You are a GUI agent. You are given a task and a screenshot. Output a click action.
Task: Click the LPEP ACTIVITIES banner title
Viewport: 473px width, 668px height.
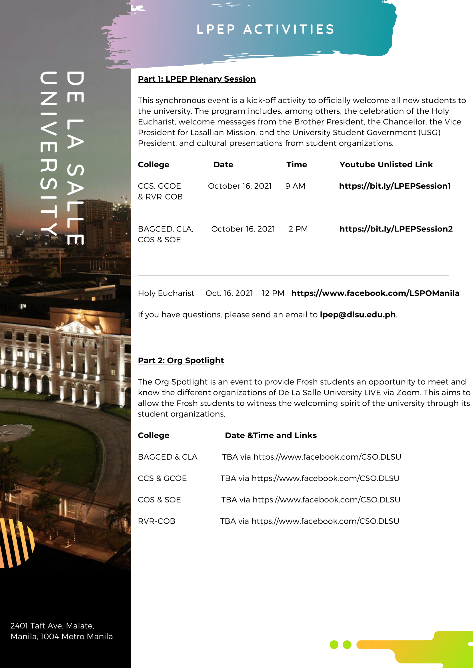pyautogui.click(x=265, y=29)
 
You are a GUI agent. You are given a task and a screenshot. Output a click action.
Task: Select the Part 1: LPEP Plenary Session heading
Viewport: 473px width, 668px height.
pyautogui.click(x=197, y=79)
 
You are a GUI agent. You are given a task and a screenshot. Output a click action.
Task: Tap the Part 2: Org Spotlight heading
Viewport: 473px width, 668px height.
pyautogui.click(x=181, y=360)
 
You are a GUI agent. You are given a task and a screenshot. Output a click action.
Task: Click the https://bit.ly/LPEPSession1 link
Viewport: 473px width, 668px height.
pyautogui.click(x=395, y=186)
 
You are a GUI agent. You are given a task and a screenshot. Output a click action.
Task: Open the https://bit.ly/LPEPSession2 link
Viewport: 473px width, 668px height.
pyautogui.click(x=396, y=229)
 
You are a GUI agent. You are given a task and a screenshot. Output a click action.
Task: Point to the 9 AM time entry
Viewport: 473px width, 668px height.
pyautogui.click(x=295, y=186)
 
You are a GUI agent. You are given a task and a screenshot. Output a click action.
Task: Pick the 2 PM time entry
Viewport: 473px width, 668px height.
pyautogui.click(x=298, y=229)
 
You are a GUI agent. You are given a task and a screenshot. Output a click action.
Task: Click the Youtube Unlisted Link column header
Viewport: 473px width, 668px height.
pyautogui.click(x=386, y=165)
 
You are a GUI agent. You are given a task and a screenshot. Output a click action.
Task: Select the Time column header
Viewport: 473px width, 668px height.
pyautogui.click(x=296, y=165)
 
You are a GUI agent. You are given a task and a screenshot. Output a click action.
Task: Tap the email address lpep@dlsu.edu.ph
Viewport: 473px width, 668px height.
pyautogui.click(x=357, y=315)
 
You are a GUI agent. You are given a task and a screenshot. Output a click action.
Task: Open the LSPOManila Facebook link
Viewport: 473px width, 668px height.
pyautogui.click(x=375, y=293)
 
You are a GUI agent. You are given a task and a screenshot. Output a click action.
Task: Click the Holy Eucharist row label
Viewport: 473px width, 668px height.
pyautogui.click(x=166, y=293)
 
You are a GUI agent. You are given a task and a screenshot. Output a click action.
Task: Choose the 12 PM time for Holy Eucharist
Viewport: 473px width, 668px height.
pyautogui.click(x=273, y=293)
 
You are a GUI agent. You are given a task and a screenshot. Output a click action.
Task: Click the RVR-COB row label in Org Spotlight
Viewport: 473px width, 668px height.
pyautogui.click(x=156, y=521)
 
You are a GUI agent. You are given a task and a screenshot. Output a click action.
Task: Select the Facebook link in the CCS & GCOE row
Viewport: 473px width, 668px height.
pyautogui.click(x=325, y=478)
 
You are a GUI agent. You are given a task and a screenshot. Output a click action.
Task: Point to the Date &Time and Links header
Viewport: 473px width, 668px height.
pyautogui.click(x=271, y=435)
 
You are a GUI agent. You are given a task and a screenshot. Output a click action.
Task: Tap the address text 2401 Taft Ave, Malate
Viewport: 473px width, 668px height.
pyautogui.click(x=52, y=625)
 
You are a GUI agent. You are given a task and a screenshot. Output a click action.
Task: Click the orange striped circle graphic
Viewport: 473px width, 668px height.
pyautogui.click(x=16, y=543)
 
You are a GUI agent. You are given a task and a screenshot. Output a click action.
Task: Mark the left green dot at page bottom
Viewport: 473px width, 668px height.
pyautogui.click(x=334, y=645)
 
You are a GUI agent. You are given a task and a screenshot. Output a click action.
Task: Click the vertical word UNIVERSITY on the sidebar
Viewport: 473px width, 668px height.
pyautogui.click(x=48, y=153)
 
